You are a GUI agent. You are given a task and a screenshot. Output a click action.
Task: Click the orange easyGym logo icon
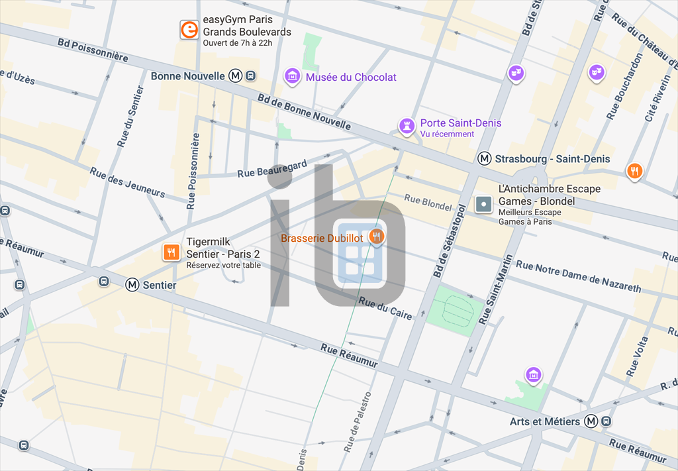(189, 30)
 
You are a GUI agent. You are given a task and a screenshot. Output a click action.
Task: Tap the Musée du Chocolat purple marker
(292, 77)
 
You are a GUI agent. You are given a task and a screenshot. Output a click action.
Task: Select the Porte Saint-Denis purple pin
(406, 126)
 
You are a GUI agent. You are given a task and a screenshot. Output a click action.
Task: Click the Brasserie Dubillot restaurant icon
(377, 236)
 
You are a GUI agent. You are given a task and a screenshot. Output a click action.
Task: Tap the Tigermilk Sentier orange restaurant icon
(171, 252)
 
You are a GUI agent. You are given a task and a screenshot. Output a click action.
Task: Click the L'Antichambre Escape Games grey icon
(484, 204)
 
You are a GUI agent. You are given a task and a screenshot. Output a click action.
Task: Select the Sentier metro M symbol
(132, 285)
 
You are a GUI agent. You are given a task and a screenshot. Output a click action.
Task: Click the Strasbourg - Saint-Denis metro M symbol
(485, 159)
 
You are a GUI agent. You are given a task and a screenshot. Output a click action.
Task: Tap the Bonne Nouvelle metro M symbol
(235, 76)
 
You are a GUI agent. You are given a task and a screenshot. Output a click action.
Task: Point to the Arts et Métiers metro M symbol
(591, 421)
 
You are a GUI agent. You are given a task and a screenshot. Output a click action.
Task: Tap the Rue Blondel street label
(428, 202)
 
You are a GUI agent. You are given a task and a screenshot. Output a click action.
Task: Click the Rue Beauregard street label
(272, 169)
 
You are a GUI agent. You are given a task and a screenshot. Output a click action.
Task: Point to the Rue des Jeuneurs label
(127, 182)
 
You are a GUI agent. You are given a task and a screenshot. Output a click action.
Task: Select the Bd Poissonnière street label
(93, 52)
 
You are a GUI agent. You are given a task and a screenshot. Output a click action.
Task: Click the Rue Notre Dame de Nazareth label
(578, 276)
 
